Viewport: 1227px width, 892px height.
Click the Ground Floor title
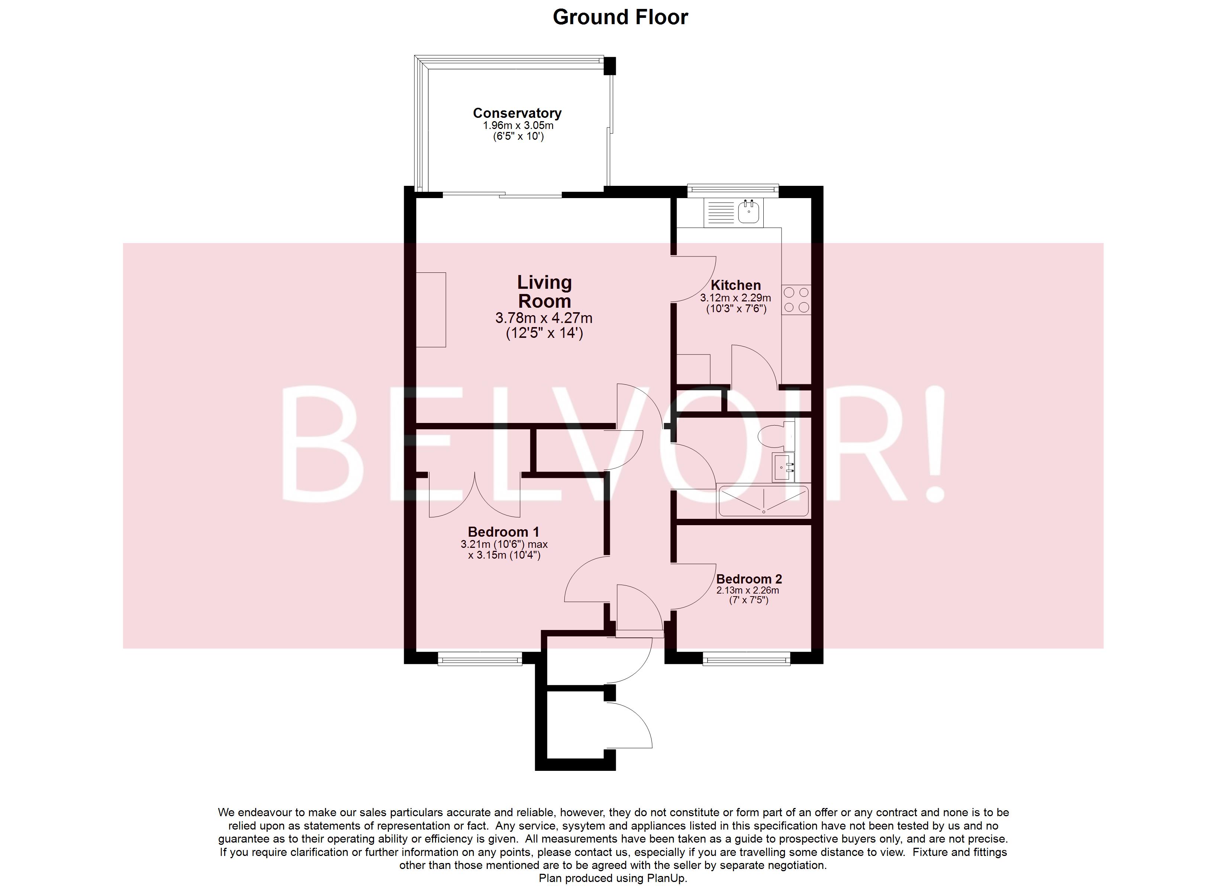coord(620,17)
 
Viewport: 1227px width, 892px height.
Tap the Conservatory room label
coord(517,113)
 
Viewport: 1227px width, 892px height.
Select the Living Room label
coord(544,291)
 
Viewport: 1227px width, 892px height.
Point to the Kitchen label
coord(735,285)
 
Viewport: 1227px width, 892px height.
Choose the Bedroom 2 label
coord(749,579)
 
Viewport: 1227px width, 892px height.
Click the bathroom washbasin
coord(782,466)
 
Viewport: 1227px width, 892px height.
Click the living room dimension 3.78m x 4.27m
coord(544,318)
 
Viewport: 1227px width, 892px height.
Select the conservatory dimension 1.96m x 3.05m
coord(518,126)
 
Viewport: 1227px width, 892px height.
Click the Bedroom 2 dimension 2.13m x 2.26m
coord(748,590)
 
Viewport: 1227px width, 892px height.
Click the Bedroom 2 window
coord(746,658)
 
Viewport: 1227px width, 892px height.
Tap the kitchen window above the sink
coord(732,189)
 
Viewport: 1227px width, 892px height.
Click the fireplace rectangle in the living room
coord(431,310)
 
